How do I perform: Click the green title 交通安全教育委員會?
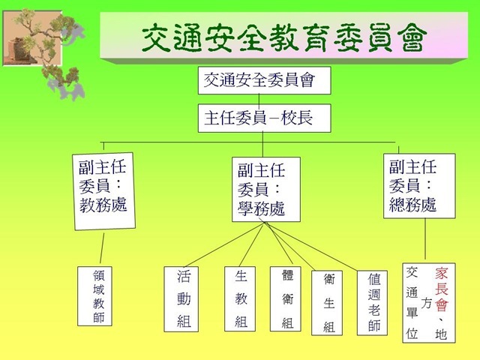(x=283, y=37)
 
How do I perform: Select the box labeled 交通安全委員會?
(x=265, y=80)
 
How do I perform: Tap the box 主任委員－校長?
(x=265, y=118)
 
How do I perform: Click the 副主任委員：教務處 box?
(x=104, y=191)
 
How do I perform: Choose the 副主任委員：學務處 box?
(x=266, y=190)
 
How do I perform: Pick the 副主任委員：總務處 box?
(x=419, y=186)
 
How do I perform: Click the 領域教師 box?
(x=94, y=296)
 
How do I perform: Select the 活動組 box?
(x=181, y=299)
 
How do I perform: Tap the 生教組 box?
(x=240, y=298)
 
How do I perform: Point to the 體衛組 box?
(x=286, y=298)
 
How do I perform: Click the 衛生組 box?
(x=327, y=303)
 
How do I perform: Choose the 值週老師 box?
(x=372, y=303)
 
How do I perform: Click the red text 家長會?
(x=442, y=289)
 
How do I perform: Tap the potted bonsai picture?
(x=32, y=38)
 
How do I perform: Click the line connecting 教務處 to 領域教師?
(x=102, y=248)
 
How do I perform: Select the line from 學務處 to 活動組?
(x=224, y=244)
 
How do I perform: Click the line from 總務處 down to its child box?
(x=425, y=238)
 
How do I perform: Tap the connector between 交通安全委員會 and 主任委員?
(x=259, y=99)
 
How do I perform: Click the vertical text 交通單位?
(x=412, y=303)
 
